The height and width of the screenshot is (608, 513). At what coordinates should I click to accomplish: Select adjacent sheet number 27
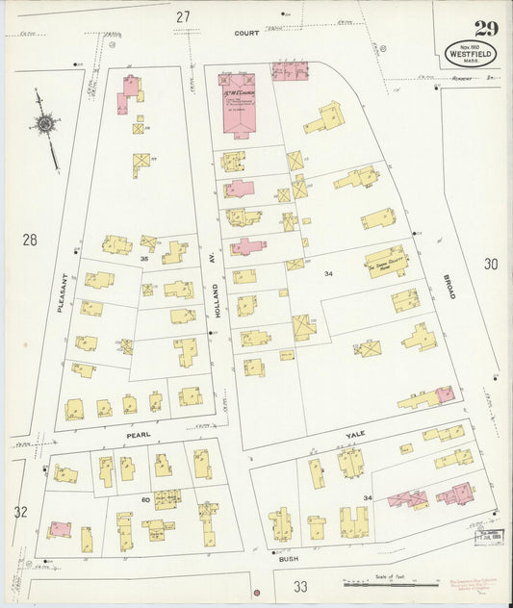[x=183, y=16]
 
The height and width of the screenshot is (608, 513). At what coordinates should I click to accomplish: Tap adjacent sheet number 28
[x=30, y=239]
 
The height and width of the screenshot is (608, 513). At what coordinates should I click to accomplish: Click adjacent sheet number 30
[x=492, y=264]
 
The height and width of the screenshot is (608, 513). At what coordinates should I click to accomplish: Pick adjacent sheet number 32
[x=20, y=512]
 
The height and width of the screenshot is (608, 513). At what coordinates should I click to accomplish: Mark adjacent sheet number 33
[x=300, y=586]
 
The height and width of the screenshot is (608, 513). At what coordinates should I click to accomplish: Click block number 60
[x=147, y=499]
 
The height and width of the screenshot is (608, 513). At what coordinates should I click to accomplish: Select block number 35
[x=144, y=259]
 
